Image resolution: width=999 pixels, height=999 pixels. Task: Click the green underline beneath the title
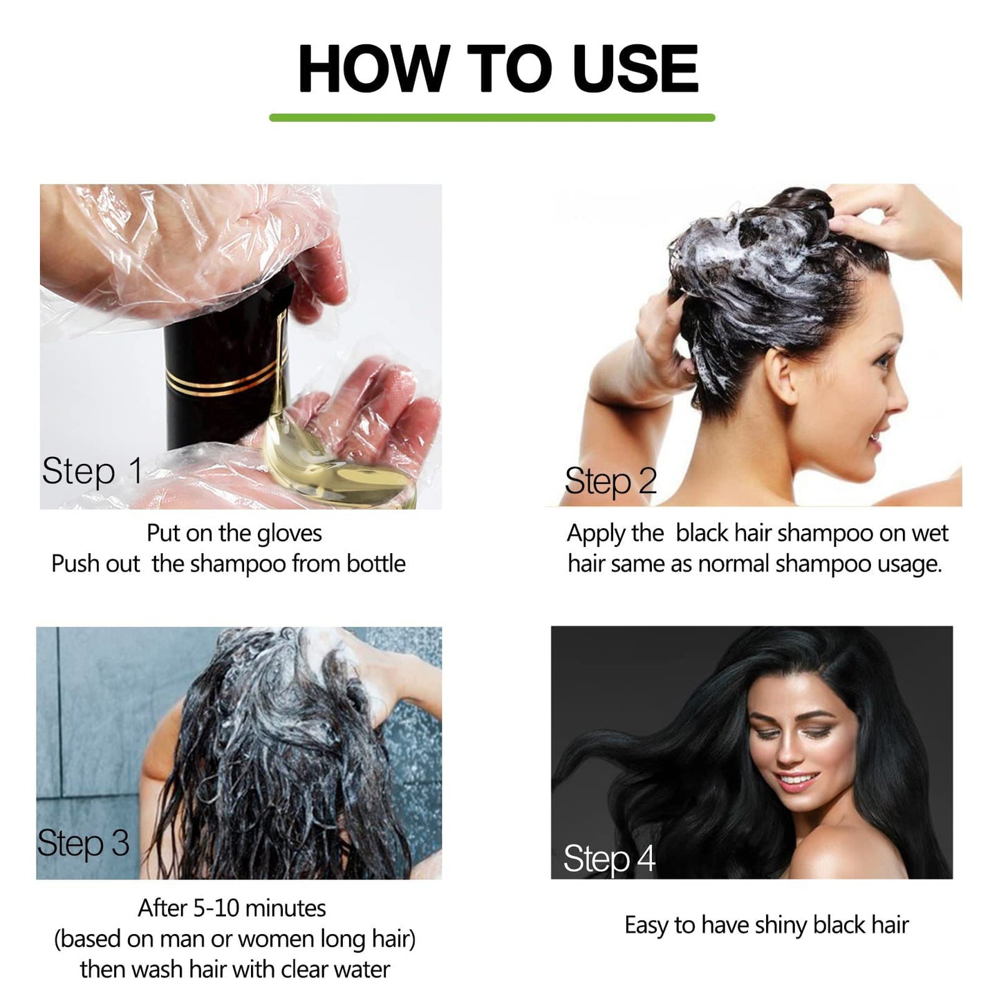pos(492,118)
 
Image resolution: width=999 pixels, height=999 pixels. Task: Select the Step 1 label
pos(92,472)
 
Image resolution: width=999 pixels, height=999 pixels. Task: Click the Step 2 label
pos(610,481)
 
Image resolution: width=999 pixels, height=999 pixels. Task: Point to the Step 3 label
pos(83,843)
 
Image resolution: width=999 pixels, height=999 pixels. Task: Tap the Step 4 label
pos(608,859)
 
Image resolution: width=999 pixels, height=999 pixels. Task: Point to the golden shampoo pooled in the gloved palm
pos(332,470)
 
